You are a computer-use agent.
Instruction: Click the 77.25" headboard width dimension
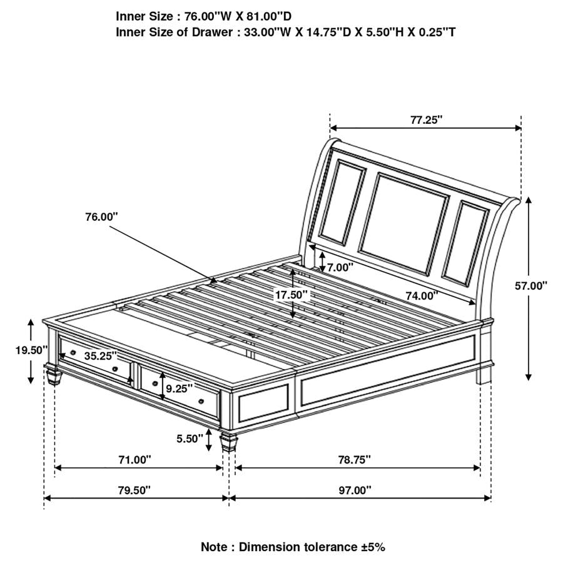point(426,119)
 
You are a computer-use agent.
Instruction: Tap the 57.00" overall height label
point(531,286)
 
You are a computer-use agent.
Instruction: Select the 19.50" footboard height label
point(31,350)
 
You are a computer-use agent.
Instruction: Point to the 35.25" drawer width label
point(101,356)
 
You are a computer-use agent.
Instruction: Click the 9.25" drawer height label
point(179,388)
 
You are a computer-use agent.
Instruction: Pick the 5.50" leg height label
point(190,439)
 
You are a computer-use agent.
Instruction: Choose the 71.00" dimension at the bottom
point(134,459)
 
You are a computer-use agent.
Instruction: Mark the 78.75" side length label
point(355,459)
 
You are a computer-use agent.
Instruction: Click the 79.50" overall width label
point(134,490)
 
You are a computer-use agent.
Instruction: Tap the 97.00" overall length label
point(355,490)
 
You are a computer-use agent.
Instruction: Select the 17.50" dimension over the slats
point(292,295)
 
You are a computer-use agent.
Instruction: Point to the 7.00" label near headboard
point(340,267)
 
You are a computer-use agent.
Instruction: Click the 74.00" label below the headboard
point(422,296)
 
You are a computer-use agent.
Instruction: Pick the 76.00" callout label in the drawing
point(101,217)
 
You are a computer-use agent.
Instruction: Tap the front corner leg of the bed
point(229,442)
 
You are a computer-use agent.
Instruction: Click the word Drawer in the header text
point(212,33)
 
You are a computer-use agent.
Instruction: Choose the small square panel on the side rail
point(263,403)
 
